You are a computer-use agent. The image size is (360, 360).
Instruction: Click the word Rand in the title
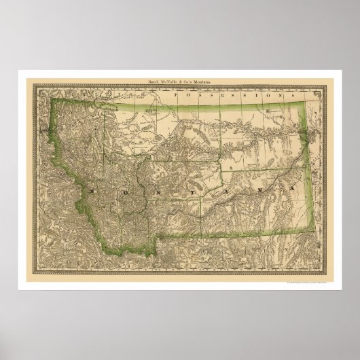tap(149, 83)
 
